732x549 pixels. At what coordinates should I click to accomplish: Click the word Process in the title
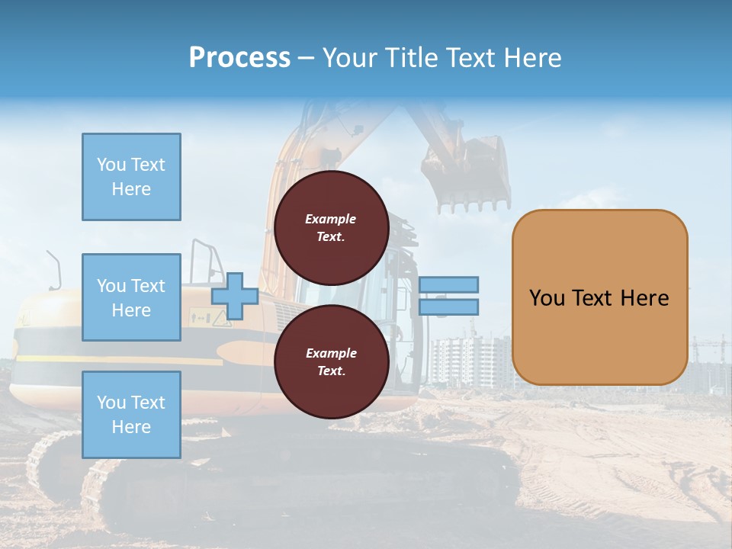tap(239, 58)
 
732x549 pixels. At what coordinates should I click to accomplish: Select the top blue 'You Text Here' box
tap(131, 177)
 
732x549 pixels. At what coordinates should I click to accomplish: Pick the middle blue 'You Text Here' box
tap(131, 297)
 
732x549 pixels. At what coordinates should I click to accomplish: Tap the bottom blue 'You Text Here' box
tap(131, 415)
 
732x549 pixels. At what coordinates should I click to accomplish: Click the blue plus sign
tap(235, 297)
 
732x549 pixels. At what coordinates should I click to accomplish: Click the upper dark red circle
tap(332, 228)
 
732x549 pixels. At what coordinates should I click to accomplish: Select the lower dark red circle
tap(332, 362)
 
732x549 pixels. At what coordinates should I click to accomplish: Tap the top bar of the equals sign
tap(448, 285)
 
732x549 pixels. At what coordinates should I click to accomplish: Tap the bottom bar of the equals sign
tap(448, 307)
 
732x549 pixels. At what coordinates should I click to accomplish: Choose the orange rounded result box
tap(599, 297)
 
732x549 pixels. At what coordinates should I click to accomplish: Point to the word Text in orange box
tap(592, 298)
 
